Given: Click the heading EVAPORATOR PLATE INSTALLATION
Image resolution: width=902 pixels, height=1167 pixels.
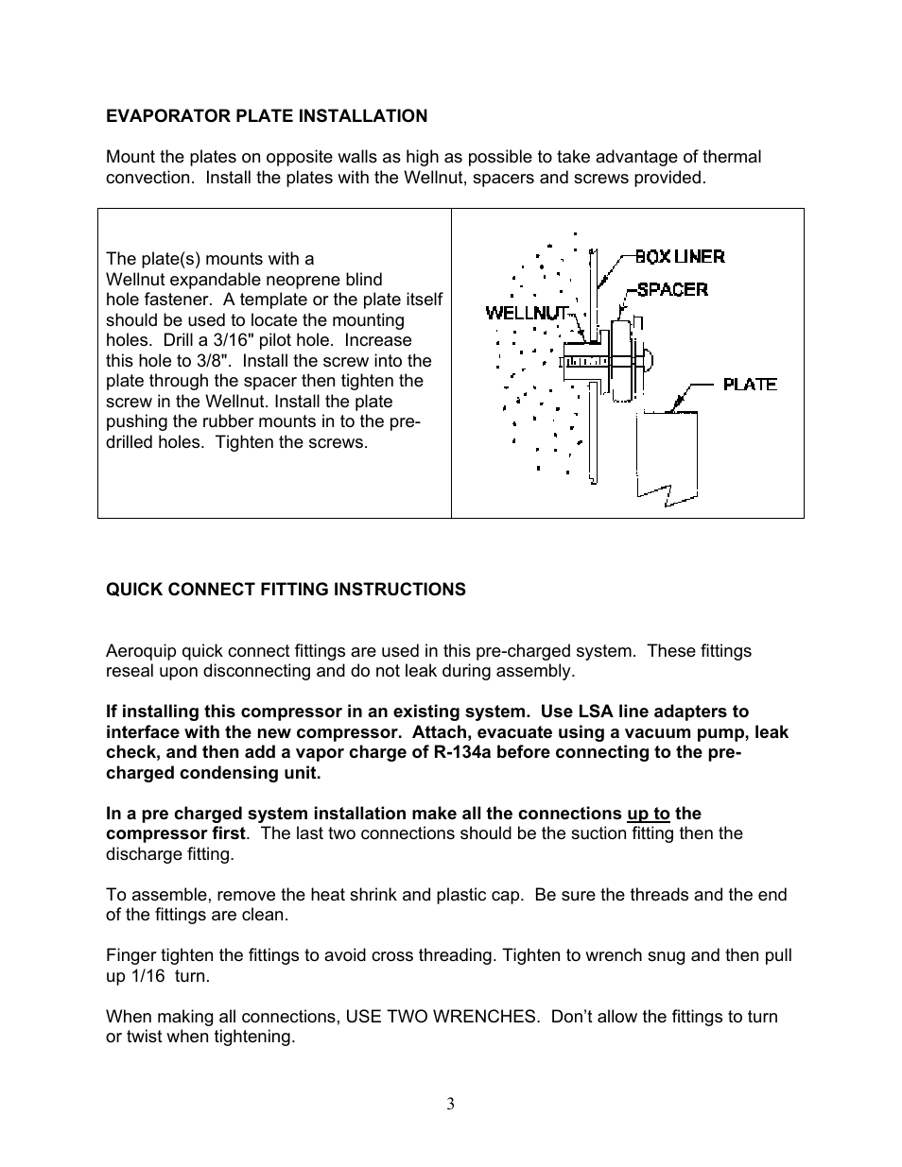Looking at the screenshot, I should tap(266, 116).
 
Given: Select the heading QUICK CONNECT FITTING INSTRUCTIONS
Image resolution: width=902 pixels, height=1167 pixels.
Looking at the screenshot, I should tap(286, 590).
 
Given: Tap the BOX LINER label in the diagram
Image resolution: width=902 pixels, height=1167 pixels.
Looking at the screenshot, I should tap(679, 256).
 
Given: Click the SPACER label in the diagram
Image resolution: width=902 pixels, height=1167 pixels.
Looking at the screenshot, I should tap(671, 289).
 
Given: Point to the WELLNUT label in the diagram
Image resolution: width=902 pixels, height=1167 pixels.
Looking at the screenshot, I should tap(527, 312).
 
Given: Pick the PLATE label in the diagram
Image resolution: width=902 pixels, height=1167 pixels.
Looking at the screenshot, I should tap(750, 384).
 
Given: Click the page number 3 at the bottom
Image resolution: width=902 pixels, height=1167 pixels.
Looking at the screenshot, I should tap(451, 1104).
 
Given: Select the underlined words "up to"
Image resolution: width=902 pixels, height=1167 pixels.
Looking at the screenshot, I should tap(648, 814).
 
